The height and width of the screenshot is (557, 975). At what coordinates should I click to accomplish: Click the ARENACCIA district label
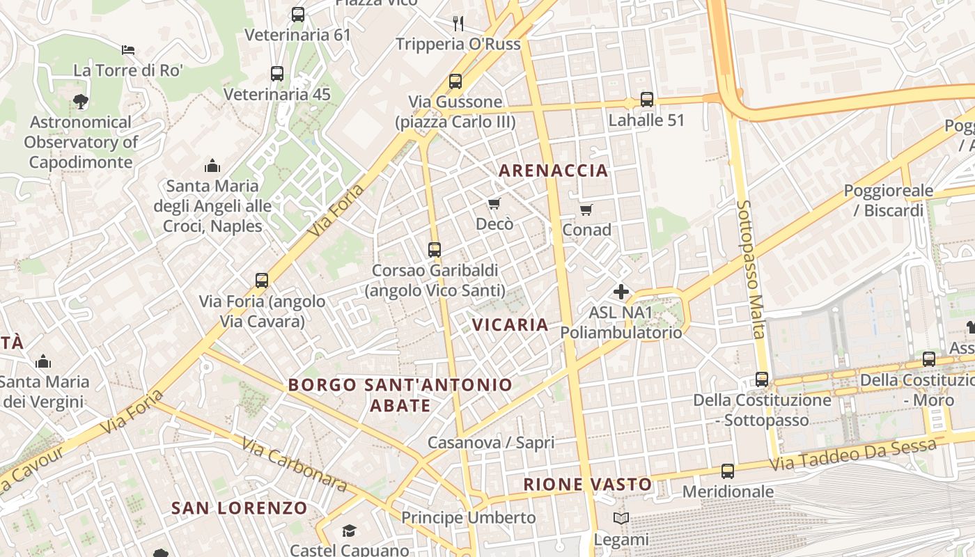[554, 171]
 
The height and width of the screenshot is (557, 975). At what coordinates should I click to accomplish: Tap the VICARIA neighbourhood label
[510, 324]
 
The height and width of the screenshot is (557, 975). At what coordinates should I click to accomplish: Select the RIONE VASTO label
[588, 485]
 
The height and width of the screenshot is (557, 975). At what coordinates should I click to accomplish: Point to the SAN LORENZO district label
[240, 508]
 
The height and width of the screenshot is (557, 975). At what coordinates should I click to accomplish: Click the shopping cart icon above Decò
[494, 203]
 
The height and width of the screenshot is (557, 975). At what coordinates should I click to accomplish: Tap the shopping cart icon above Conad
[586, 210]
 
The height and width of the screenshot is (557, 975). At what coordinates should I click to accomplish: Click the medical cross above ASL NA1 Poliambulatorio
[621, 292]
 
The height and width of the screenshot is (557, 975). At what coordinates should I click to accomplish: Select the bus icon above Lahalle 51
[647, 100]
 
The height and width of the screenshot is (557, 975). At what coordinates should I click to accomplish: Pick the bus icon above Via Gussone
[455, 81]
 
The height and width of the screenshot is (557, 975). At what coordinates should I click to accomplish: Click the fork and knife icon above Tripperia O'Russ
[458, 24]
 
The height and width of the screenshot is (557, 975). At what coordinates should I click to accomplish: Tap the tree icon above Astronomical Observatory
[81, 102]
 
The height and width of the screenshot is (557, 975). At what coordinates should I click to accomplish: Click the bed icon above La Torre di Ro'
[128, 50]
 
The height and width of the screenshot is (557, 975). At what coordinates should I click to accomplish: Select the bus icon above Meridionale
[728, 471]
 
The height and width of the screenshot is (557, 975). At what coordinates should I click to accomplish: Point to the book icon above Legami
[621, 519]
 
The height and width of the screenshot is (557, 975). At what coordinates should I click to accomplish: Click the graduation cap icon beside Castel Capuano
[349, 531]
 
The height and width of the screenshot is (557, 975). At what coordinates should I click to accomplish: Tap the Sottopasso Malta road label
[751, 269]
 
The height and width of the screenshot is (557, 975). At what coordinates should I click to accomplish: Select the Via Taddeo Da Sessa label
[853, 453]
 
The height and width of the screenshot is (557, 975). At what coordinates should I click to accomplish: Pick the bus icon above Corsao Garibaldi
[435, 249]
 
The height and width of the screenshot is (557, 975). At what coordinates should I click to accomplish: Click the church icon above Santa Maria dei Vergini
[43, 361]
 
